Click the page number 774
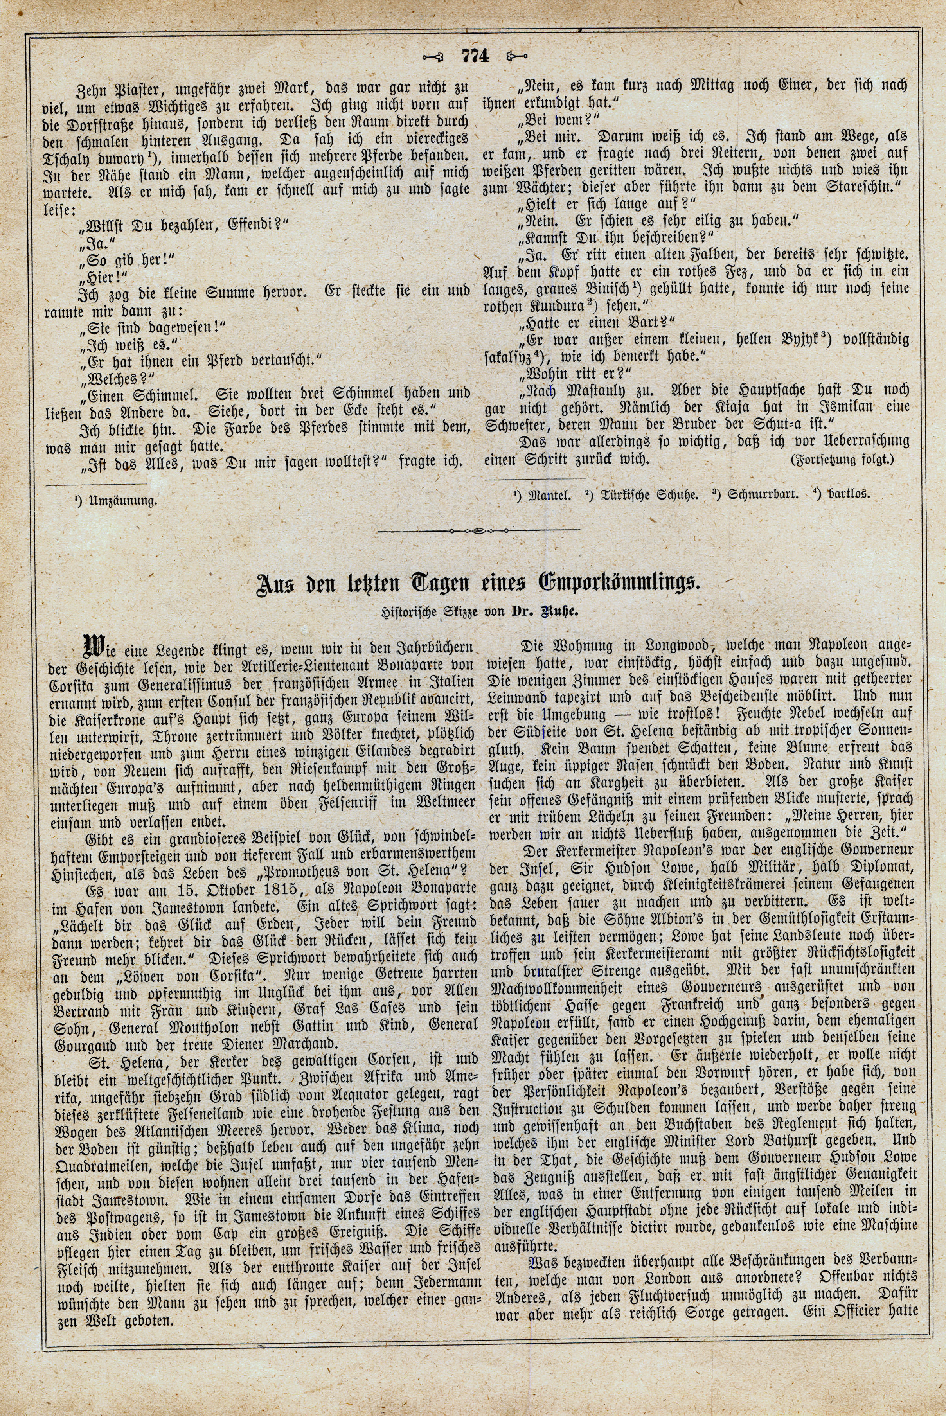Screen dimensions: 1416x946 pos(474,56)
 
